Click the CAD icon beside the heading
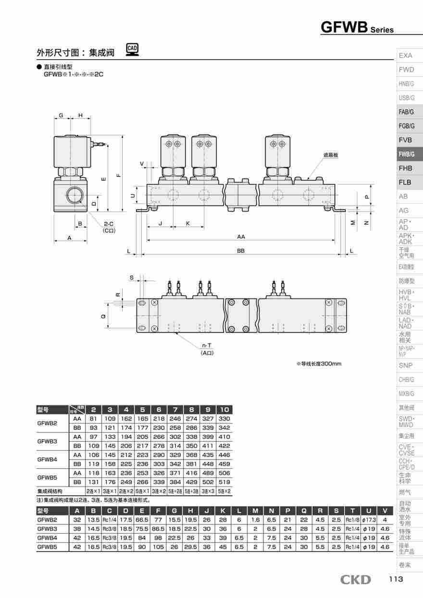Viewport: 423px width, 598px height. [132, 49]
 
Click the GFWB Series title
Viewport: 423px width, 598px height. [357, 27]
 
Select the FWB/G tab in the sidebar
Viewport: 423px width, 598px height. [406, 154]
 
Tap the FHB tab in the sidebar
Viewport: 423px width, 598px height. [406, 168]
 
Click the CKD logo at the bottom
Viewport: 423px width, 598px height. [356, 580]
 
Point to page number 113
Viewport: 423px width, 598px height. [396, 579]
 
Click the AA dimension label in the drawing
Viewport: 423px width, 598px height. [241, 237]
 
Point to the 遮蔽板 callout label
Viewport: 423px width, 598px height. [331, 155]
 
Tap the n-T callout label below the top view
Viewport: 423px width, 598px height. [207, 346]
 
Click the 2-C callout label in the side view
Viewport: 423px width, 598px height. [109, 224]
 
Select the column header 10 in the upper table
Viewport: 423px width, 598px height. [224, 410]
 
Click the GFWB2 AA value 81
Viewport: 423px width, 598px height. [94, 419]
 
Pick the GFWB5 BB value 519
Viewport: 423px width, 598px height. [224, 482]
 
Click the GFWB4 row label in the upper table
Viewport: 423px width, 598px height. [47, 460]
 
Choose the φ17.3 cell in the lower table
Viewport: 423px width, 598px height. [369, 520]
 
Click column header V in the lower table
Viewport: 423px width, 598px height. [385, 511]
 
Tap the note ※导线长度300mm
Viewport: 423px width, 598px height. [318, 363]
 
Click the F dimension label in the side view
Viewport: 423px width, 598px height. [118, 175]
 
